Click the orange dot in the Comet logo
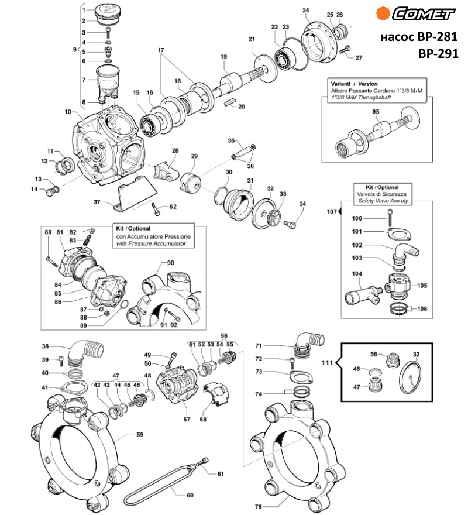383,13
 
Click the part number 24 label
305,11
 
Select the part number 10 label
68,111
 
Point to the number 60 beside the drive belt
190,495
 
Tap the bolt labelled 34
290,224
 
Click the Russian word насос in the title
395,36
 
